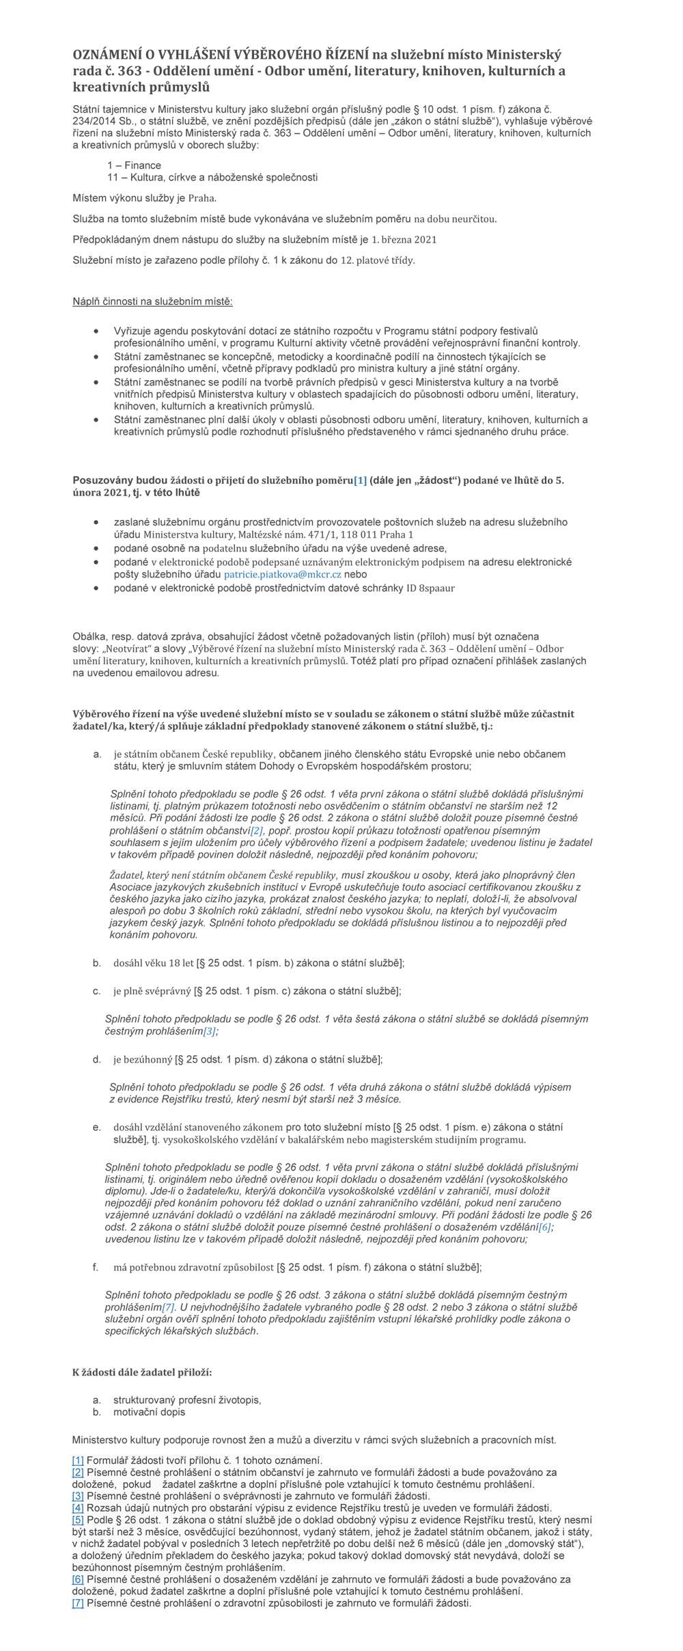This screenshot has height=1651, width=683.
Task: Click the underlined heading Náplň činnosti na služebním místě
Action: pyautogui.click(x=152, y=302)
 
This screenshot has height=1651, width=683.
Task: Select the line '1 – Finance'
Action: pyautogui.click(x=134, y=165)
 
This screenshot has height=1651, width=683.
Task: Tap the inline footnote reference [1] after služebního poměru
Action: pyautogui.click(x=360, y=480)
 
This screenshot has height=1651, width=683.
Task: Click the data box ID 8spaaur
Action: pyautogui.click(x=430, y=588)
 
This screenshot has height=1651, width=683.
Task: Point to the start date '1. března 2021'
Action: pyautogui.click(x=404, y=240)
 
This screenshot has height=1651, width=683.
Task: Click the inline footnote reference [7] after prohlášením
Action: pyautogui.click(x=168, y=1307)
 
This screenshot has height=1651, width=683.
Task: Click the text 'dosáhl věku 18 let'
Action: pyautogui.click(x=154, y=964)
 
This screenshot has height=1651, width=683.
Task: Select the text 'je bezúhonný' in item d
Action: pyautogui.click(x=143, y=1060)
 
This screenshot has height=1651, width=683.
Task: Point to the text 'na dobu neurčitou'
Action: pyautogui.click(x=455, y=219)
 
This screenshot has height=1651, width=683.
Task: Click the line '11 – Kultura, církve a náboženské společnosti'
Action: pyautogui.click(x=212, y=178)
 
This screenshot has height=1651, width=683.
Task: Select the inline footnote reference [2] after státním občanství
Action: pyautogui.click(x=256, y=830)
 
